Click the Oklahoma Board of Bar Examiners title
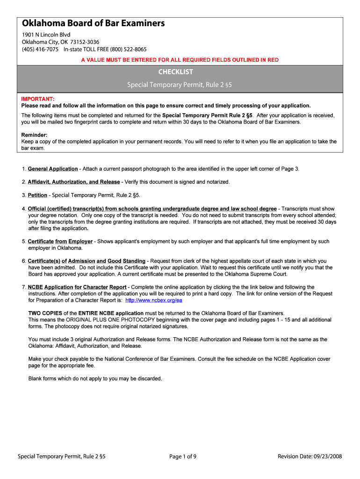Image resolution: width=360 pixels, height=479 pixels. pos(94,23)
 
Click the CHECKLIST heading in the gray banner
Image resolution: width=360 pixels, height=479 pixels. pos(175,72)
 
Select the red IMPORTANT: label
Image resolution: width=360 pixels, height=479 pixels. pos(38,99)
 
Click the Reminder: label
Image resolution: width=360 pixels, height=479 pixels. pos(35,135)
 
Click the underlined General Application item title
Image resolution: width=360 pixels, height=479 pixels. pos(53,169)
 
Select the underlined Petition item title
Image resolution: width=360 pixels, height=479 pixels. pos(37,195)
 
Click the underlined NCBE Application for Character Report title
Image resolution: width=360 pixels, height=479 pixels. pos(77,287)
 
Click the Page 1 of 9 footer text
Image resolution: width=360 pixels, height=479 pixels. pos(183,457)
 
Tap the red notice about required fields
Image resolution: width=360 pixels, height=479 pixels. pos(180,60)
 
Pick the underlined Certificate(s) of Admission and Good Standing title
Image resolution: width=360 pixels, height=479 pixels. pos(86,261)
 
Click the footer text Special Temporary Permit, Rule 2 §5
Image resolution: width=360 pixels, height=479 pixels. pos(61,457)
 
